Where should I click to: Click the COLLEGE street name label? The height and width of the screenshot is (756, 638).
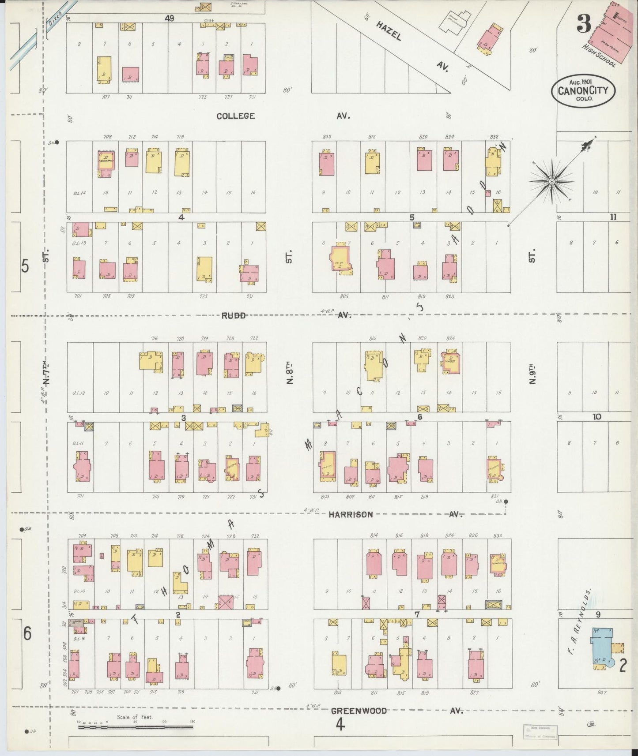click(x=235, y=116)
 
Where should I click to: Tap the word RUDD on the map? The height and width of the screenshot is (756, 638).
click(x=234, y=315)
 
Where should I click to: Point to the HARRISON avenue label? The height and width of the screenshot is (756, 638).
click(x=351, y=514)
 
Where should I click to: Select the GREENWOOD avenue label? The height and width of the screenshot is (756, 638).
click(x=359, y=711)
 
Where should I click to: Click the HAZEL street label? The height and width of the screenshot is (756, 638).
click(x=389, y=31)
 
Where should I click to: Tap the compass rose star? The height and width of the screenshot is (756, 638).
click(x=551, y=181)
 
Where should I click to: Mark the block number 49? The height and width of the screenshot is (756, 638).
click(x=169, y=18)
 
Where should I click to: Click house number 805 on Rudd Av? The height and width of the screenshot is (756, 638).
click(x=344, y=296)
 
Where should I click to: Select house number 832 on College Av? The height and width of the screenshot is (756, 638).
click(x=494, y=136)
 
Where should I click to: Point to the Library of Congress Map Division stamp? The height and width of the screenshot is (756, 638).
click(x=540, y=731)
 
